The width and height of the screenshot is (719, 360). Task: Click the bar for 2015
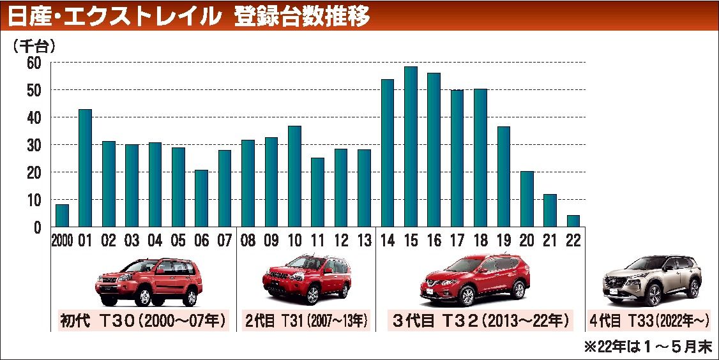(411, 147)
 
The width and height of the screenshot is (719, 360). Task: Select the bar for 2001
(85, 168)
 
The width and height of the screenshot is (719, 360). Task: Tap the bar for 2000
(62, 216)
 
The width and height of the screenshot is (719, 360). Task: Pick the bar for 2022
(573, 221)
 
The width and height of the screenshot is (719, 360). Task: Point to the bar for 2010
(294, 176)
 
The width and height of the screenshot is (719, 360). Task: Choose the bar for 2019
(504, 177)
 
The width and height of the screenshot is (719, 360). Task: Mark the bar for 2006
(201, 198)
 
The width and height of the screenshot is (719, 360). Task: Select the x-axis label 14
(387, 241)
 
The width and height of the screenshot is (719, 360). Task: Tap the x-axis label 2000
(62, 241)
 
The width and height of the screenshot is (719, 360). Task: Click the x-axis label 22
(573, 241)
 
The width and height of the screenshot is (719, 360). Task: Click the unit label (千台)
(34, 45)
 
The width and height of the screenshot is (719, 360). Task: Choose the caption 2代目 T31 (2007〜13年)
(306, 320)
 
